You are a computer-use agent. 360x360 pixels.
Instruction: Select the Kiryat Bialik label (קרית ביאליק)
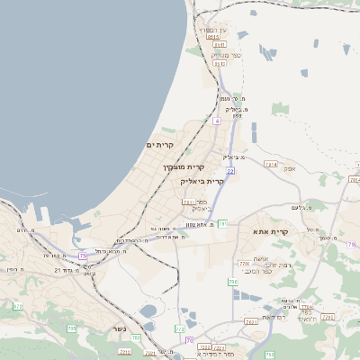click(x=201, y=181)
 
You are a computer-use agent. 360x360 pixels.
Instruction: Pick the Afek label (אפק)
click(x=288, y=168)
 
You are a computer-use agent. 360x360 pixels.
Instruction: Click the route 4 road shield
click(x=217, y=120)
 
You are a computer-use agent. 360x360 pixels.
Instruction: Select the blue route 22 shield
click(x=231, y=169)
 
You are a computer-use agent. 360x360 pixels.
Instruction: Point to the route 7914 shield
click(x=271, y=165)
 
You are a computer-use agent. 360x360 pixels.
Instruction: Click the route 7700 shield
click(x=244, y=263)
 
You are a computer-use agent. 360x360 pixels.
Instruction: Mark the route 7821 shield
click(x=251, y=320)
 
